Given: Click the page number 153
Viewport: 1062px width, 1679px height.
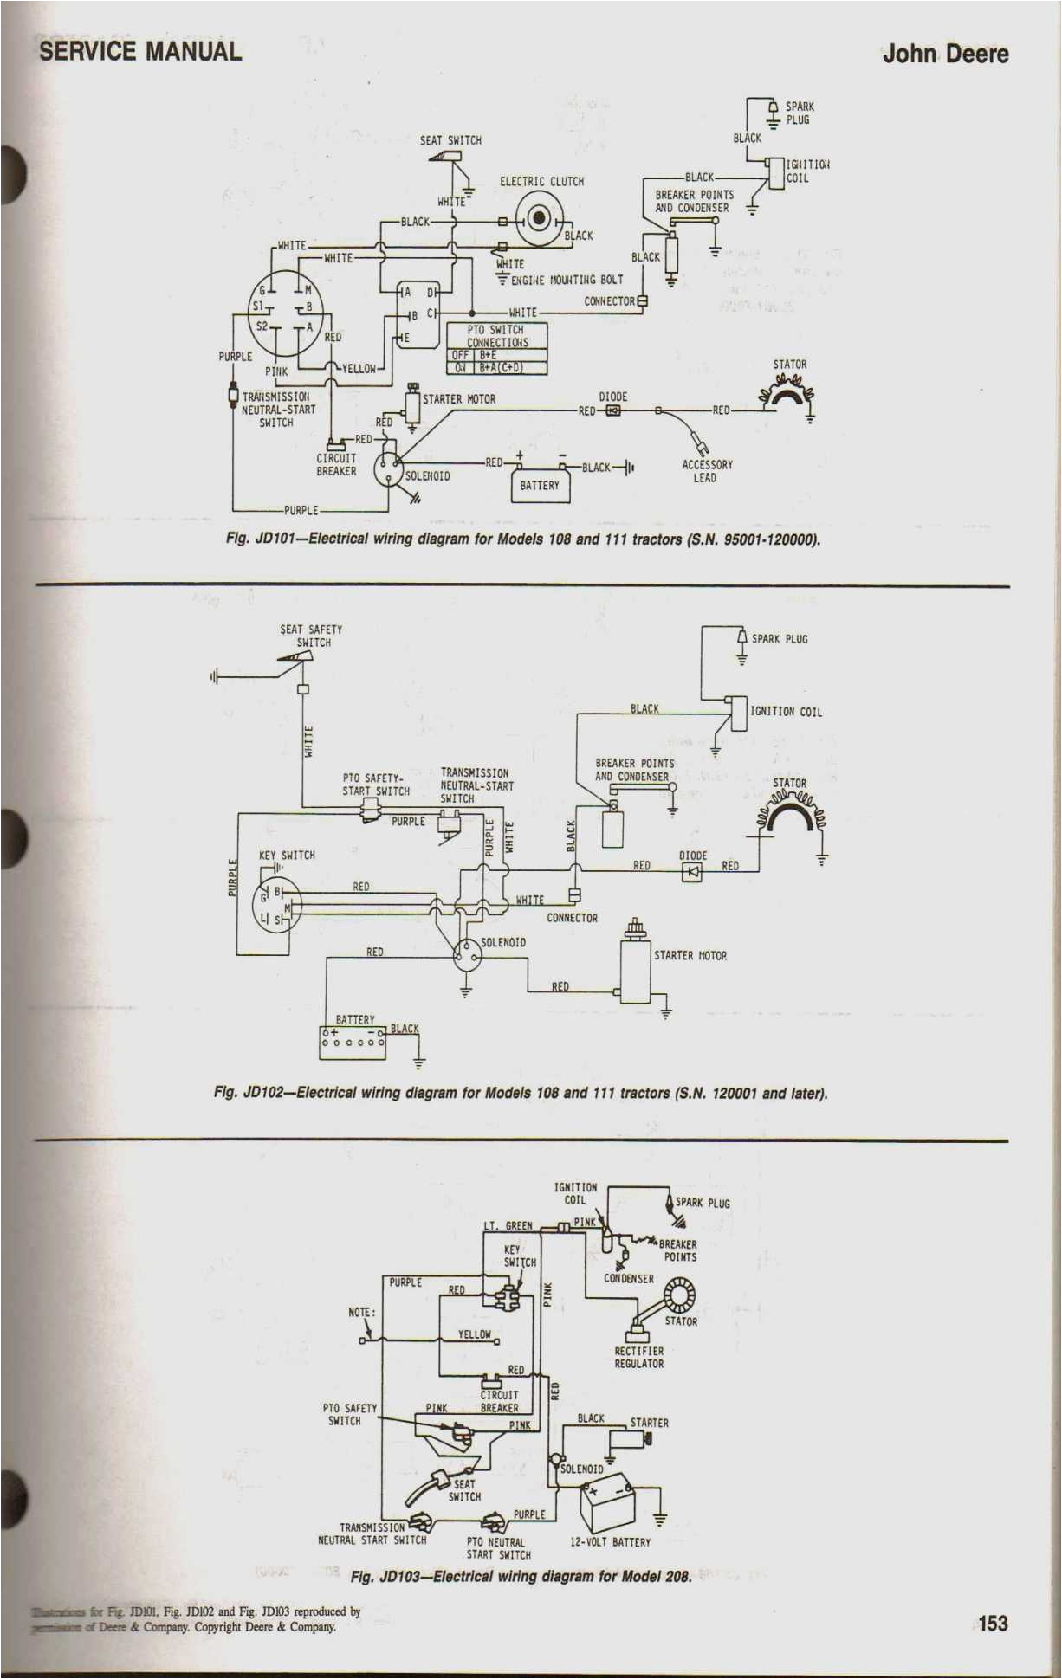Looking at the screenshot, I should pyautogui.click(x=993, y=1624).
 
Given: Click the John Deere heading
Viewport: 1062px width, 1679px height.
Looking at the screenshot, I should pyautogui.click(x=945, y=54).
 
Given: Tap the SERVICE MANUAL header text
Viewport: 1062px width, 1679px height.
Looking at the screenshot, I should pyautogui.click(x=140, y=51).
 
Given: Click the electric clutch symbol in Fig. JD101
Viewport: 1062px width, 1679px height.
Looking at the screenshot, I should pyautogui.click(x=540, y=216).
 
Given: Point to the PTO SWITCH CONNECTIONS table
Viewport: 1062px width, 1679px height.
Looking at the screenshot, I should pyautogui.click(x=497, y=348).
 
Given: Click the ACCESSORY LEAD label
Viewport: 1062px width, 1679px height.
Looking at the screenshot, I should pyautogui.click(x=706, y=471).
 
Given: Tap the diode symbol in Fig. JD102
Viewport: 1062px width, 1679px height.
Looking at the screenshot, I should pyautogui.click(x=692, y=871).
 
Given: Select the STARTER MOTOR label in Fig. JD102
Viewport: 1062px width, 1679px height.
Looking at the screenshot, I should pyautogui.click(x=690, y=955).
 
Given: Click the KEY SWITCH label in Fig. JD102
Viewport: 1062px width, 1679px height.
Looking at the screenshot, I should pyautogui.click(x=287, y=855).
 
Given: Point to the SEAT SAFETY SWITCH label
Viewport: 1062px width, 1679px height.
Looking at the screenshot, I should pyautogui.click(x=311, y=636).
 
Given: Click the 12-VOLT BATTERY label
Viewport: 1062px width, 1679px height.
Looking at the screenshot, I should pyautogui.click(x=610, y=1542).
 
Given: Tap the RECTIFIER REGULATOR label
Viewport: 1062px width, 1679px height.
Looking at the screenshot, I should pyautogui.click(x=638, y=1357).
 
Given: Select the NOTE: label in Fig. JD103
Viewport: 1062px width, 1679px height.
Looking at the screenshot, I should pyautogui.click(x=361, y=1312).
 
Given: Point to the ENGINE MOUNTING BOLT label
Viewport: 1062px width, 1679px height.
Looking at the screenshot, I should pyautogui.click(x=567, y=280).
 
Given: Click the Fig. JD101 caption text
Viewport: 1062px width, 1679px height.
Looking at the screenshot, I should pyautogui.click(x=522, y=539).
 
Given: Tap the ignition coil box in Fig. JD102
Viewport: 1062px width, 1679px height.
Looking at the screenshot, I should pyautogui.click(x=738, y=713).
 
